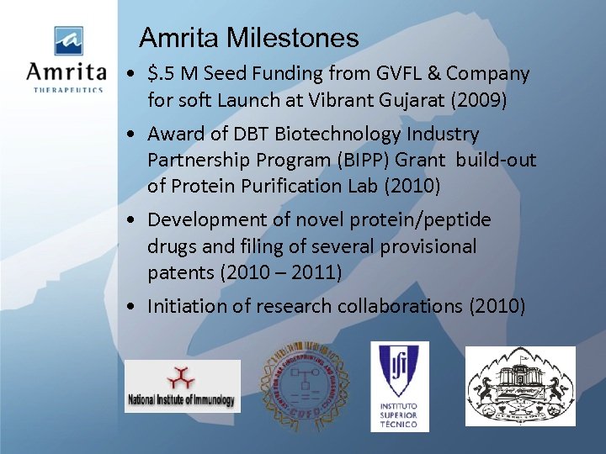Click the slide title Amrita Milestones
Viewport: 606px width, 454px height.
(x=248, y=38)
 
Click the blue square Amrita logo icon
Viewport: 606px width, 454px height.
(x=69, y=40)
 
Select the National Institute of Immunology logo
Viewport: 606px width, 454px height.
(x=182, y=386)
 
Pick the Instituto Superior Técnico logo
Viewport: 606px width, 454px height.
(x=400, y=386)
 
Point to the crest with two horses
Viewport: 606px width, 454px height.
(x=520, y=386)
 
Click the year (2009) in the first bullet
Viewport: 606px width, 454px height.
(x=479, y=100)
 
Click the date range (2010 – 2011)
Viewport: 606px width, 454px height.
(x=294, y=272)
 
